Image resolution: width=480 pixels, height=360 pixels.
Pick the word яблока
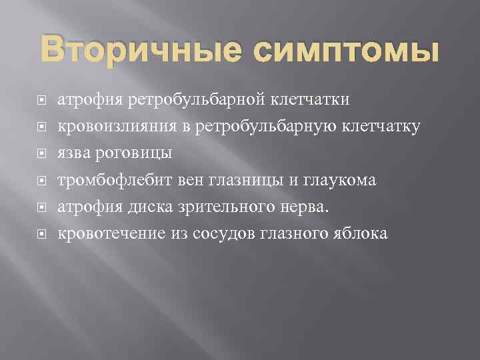point(361,233)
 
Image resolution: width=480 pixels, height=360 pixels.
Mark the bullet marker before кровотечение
point(41,235)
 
